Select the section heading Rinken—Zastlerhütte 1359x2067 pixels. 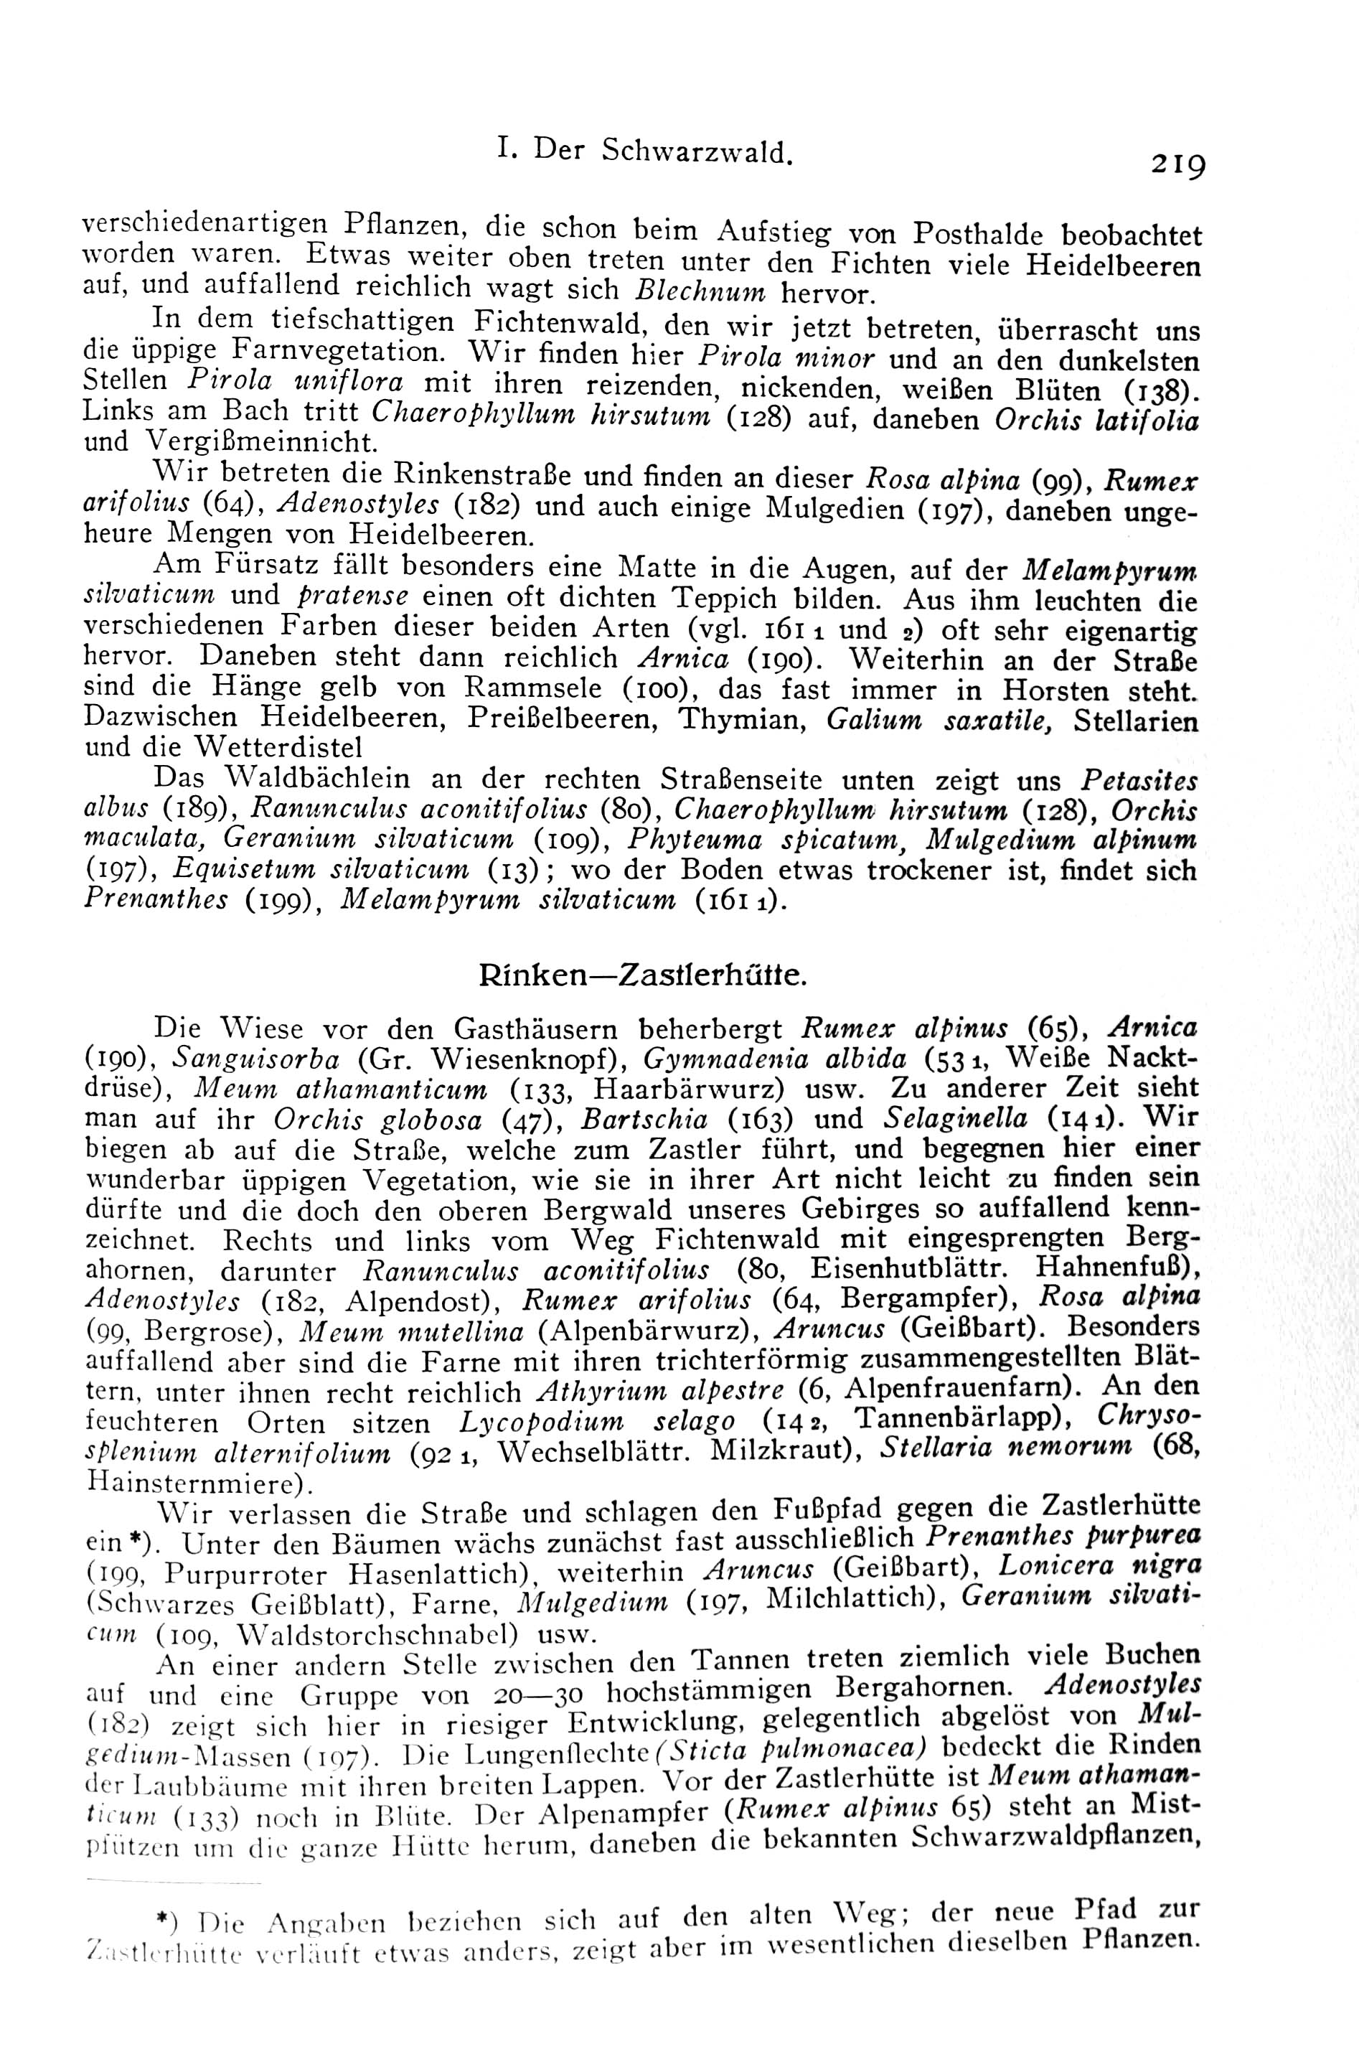click(x=644, y=976)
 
